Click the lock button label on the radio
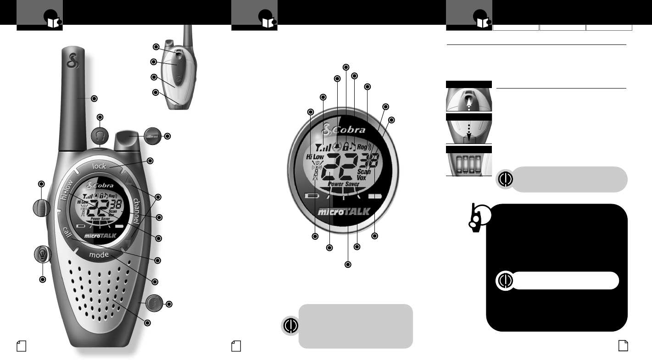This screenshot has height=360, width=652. click(99, 166)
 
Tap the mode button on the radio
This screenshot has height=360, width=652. click(99, 255)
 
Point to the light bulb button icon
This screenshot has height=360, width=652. click(43, 255)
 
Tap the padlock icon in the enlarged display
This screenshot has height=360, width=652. click(346, 146)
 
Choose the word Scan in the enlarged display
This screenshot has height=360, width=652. click(364, 172)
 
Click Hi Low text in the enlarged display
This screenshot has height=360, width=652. click(315, 157)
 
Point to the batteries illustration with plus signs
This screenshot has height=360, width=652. click(468, 164)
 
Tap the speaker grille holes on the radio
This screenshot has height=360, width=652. click(99, 294)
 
